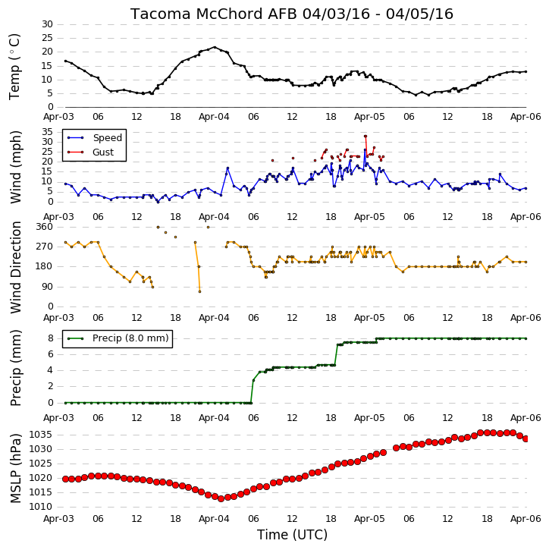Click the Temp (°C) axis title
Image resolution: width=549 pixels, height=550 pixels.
(14, 67)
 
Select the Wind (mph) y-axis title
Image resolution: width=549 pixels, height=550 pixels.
(15, 167)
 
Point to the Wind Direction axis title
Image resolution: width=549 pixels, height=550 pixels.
(15, 267)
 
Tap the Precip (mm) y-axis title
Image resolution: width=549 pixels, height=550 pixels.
(15, 368)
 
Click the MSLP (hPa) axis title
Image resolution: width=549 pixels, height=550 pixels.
(15, 468)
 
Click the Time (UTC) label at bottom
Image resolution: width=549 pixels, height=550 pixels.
(292, 535)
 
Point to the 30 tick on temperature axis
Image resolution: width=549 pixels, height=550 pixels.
(47, 24)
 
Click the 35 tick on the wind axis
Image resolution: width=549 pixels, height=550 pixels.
(47, 132)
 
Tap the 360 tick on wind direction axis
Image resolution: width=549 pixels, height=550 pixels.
(45, 227)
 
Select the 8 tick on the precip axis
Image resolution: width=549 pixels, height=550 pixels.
(51, 338)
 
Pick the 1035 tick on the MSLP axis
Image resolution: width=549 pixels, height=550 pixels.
(40, 435)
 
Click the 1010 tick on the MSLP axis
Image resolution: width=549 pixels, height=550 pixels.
(40, 507)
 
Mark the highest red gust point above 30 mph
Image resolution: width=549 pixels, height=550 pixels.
(365, 136)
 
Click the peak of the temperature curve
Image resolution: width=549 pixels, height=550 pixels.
(215, 47)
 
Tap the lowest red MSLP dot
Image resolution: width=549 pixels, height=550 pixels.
(221, 498)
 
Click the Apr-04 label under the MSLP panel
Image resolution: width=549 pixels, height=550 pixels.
(214, 519)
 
